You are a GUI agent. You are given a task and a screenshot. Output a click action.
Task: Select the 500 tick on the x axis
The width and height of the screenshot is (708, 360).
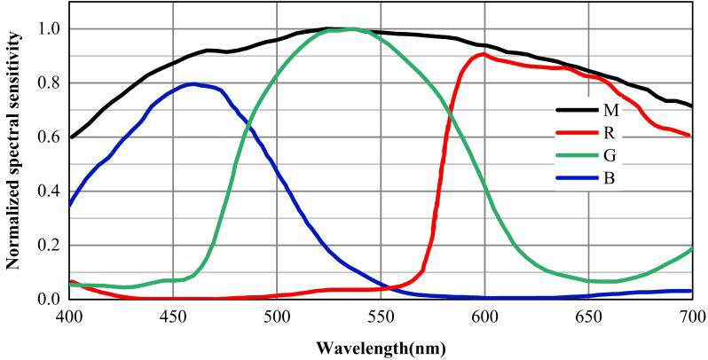(277, 317)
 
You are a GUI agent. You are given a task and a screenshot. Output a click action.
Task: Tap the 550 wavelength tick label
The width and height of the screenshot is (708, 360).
(382, 317)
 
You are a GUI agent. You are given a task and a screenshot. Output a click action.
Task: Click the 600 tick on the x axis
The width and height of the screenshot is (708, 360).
(484, 317)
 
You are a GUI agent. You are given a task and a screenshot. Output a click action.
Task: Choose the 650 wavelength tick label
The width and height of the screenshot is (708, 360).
(588, 317)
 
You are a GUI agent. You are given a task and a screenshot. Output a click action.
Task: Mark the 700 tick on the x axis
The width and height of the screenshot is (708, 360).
(691, 317)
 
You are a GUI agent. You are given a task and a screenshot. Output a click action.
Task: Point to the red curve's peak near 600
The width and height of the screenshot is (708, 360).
(484, 54)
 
